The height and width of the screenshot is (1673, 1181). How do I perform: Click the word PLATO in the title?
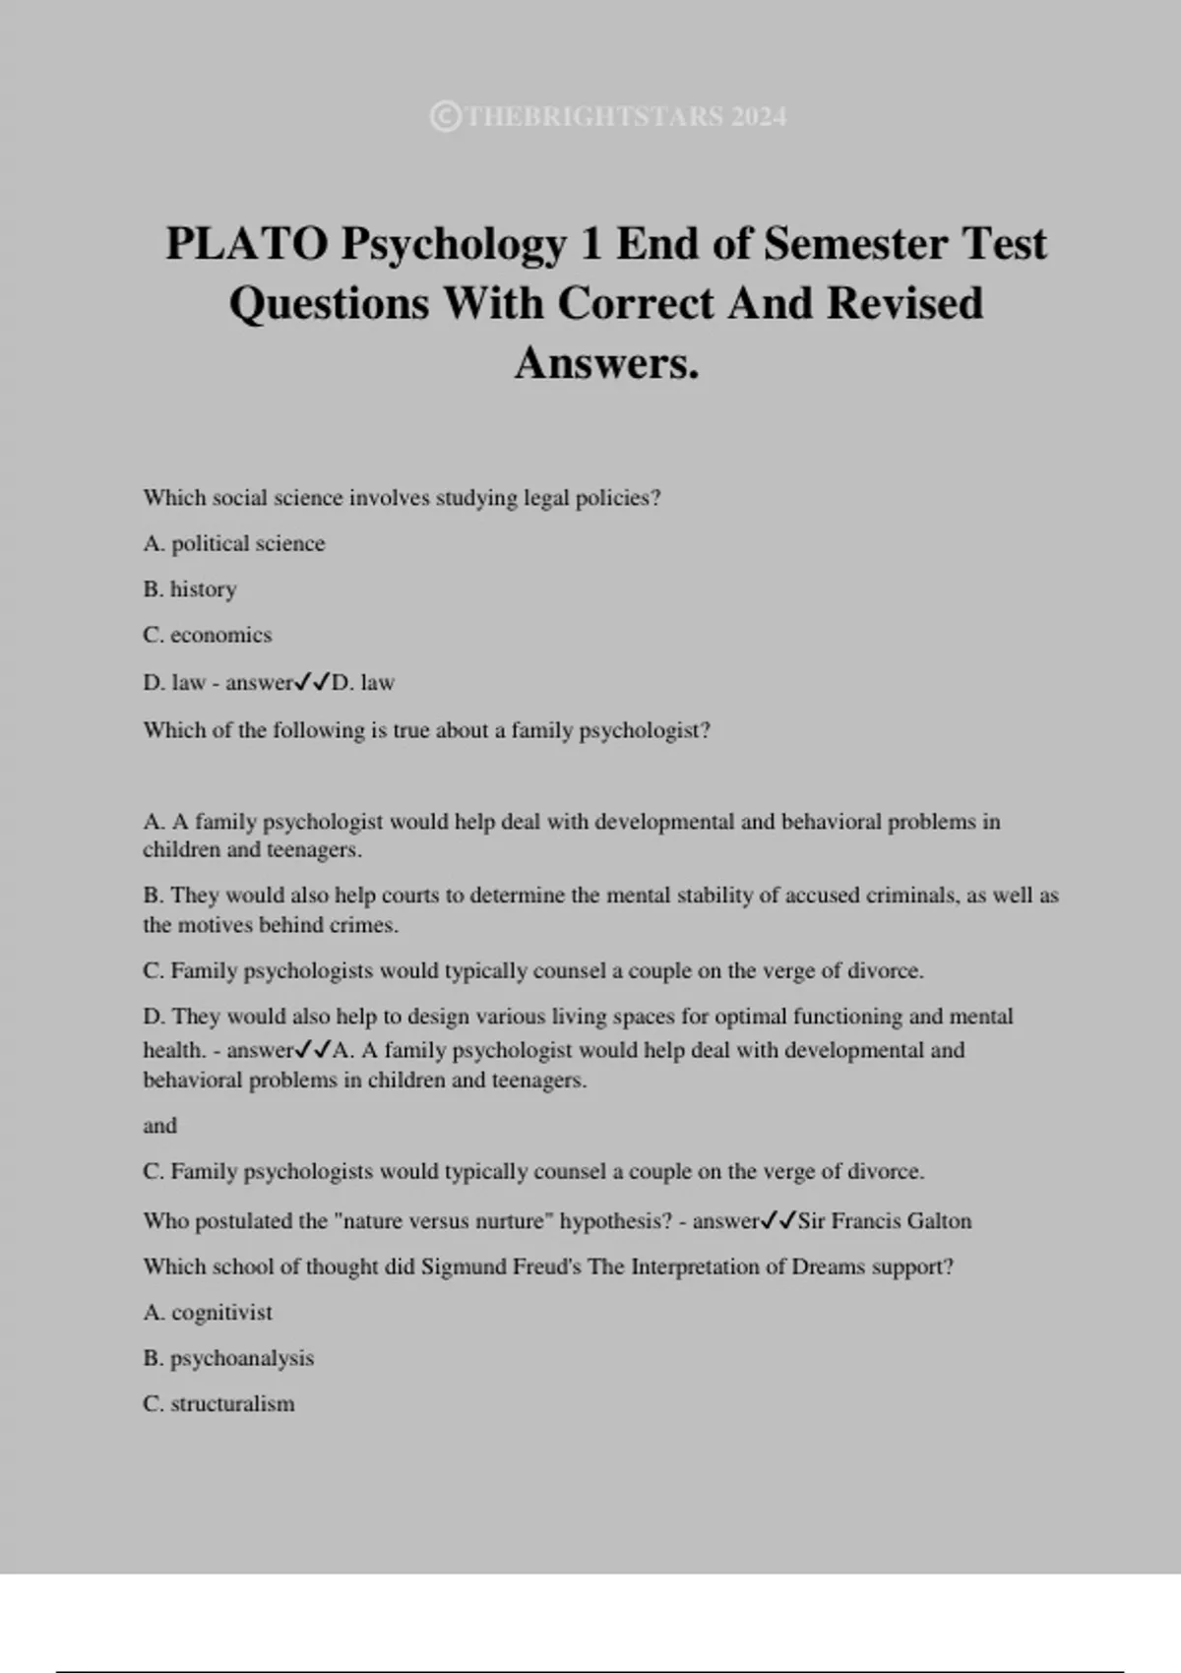pyautogui.click(x=246, y=244)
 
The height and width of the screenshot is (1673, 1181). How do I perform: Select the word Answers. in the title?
pyautogui.click(x=606, y=362)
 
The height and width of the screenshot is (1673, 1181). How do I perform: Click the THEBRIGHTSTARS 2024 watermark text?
pyautogui.click(x=625, y=117)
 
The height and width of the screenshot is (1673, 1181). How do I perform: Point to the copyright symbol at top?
pyautogui.click(x=445, y=117)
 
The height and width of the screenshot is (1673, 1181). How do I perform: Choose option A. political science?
pyautogui.click(x=234, y=543)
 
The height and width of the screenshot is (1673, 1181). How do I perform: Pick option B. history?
pyautogui.click(x=190, y=589)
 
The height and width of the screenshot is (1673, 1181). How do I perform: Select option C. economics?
pyautogui.click(x=208, y=635)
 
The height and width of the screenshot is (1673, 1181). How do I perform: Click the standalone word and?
pyautogui.click(x=159, y=1126)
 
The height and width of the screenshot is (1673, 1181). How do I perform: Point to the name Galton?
pyautogui.click(x=940, y=1221)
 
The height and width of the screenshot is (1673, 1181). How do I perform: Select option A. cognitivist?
pyautogui.click(x=208, y=1313)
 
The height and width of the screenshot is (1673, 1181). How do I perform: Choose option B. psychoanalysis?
pyautogui.click(x=228, y=1358)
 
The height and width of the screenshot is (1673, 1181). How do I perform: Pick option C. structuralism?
pyautogui.click(x=218, y=1404)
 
